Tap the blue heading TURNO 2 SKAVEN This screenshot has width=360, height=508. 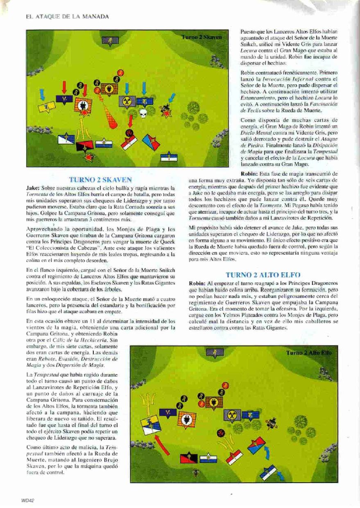click(100, 179)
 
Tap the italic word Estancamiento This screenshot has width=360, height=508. click(258, 99)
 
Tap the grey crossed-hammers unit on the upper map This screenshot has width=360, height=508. click(127, 102)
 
